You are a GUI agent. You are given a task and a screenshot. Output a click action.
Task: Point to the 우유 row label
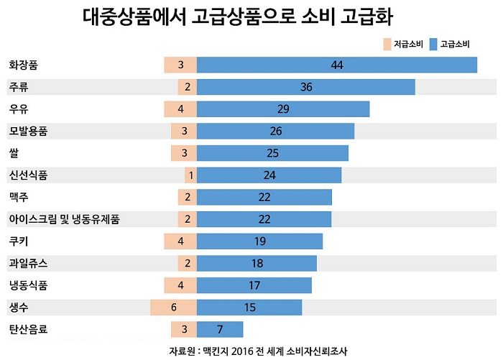[19, 109]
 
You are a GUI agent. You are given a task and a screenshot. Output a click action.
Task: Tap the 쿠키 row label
[19, 241]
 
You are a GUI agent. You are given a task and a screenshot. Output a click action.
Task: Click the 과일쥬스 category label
[28, 264]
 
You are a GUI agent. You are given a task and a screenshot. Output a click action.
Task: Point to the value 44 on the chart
[337, 65]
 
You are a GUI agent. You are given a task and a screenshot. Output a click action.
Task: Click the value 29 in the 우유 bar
[282, 109]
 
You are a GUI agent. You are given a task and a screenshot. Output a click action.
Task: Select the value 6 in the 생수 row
[173, 308]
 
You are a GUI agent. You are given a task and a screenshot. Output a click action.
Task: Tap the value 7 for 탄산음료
[219, 330]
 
